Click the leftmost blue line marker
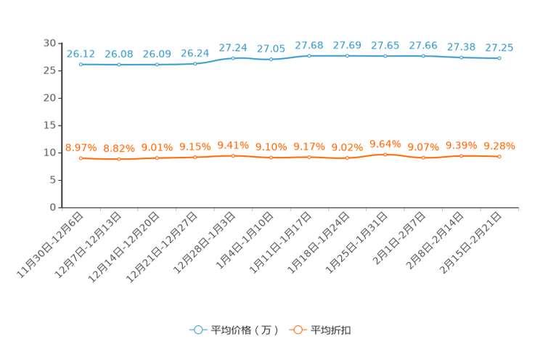(81, 65)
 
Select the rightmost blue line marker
(499, 58)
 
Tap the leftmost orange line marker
(81, 157)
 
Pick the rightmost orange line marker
(499, 156)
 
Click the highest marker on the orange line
(385, 154)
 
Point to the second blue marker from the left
(118, 65)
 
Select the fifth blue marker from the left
(233, 57)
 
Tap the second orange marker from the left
(118, 159)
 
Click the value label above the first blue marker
(81, 53)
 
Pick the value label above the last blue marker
(499, 48)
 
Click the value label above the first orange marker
(81, 147)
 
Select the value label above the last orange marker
(499, 146)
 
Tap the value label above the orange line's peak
(385, 143)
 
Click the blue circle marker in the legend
(197, 330)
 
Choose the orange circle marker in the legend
(297, 330)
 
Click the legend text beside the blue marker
(244, 330)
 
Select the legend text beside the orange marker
(332, 330)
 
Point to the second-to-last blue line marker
(461, 57)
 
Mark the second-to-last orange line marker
(461, 155)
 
